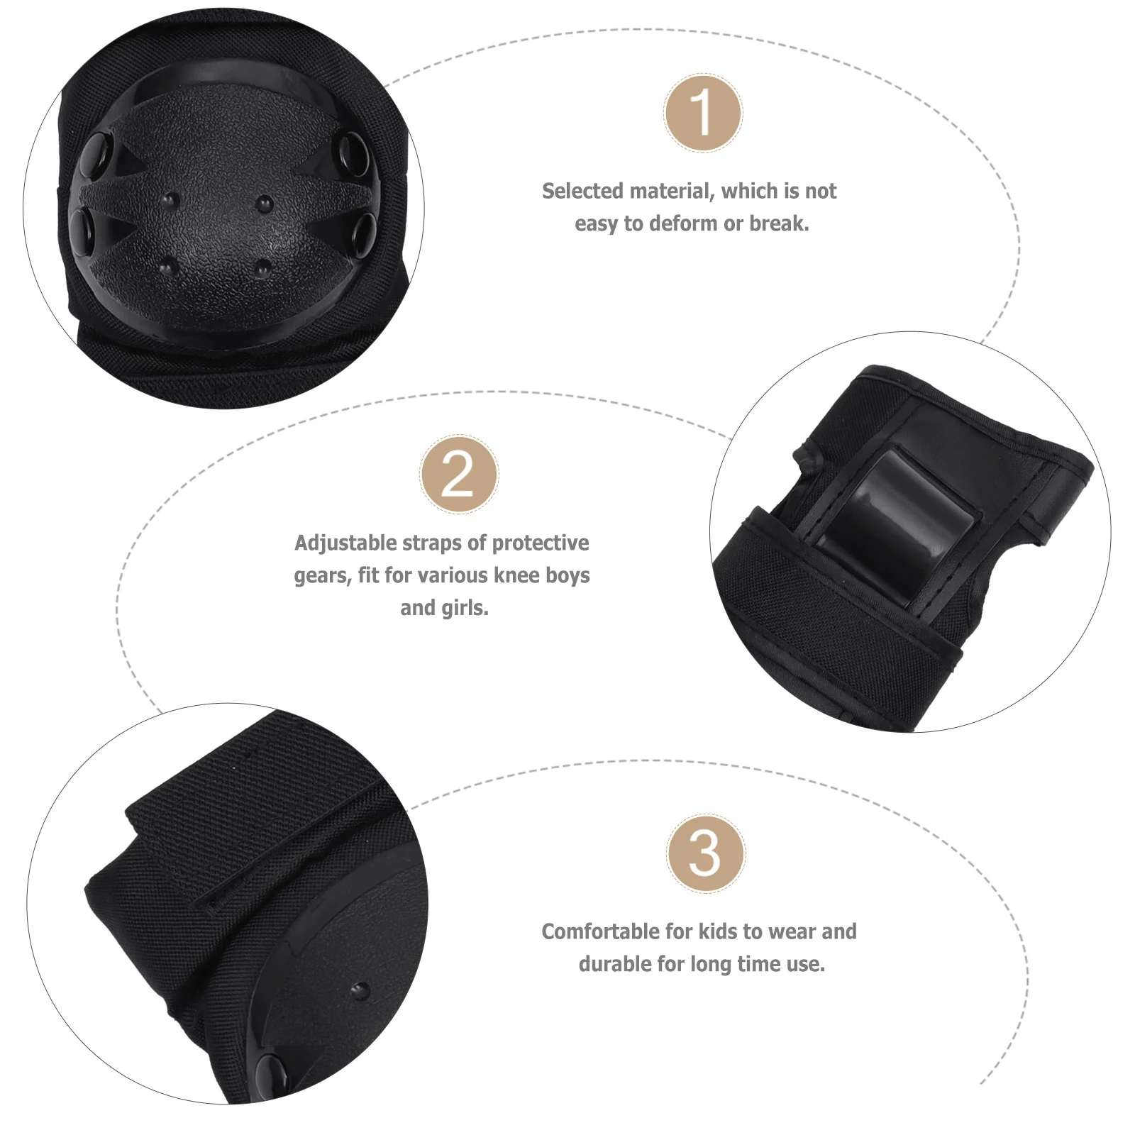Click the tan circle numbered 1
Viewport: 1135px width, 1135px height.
coord(703,113)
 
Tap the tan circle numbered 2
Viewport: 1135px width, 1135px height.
coord(459,475)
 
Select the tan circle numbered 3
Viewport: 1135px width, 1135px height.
coord(705,853)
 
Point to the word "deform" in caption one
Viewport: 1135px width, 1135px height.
coord(683,224)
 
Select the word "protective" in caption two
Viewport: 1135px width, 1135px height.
coord(541,543)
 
